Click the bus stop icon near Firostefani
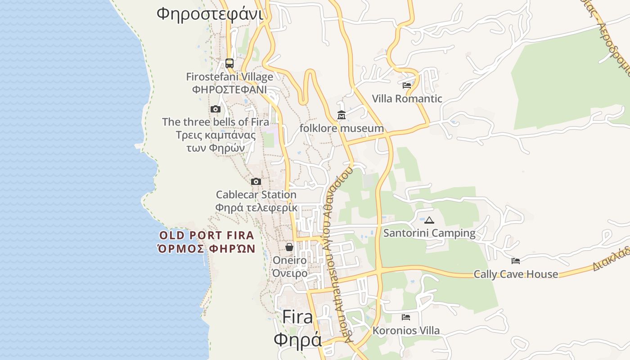[229, 63]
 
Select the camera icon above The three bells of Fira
[216, 109]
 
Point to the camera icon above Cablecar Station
[256, 182]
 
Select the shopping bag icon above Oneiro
[289, 247]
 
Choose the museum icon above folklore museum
[342, 116]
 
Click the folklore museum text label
[342, 128]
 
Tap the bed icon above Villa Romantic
[407, 85]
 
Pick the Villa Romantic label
[407, 99]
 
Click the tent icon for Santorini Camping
[429, 220]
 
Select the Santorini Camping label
[429, 233]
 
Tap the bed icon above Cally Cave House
[516, 261]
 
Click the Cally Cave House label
[516, 274]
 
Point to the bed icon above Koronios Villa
[406, 317]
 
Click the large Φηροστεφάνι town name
[210, 13]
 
